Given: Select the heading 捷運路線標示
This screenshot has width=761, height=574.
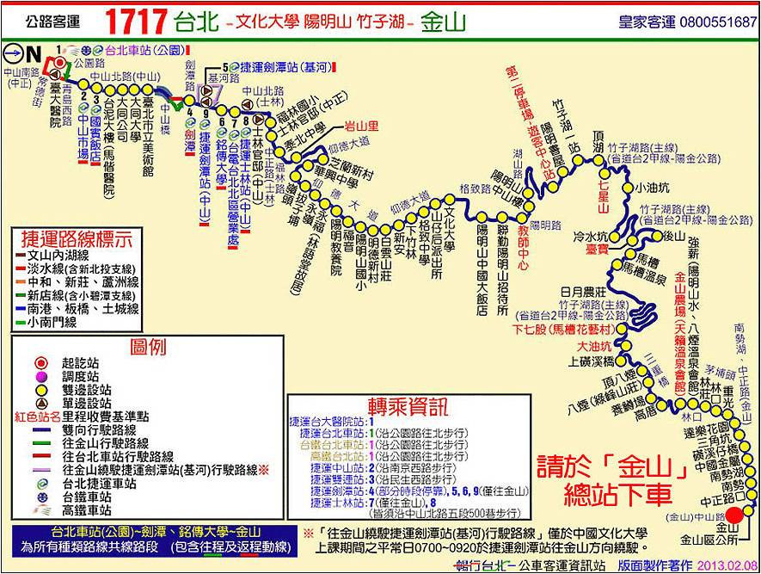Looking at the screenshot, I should (x=76, y=238).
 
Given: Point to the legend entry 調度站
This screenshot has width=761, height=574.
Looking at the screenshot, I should (x=82, y=377).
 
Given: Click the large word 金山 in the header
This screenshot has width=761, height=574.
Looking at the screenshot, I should (x=444, y=22).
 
